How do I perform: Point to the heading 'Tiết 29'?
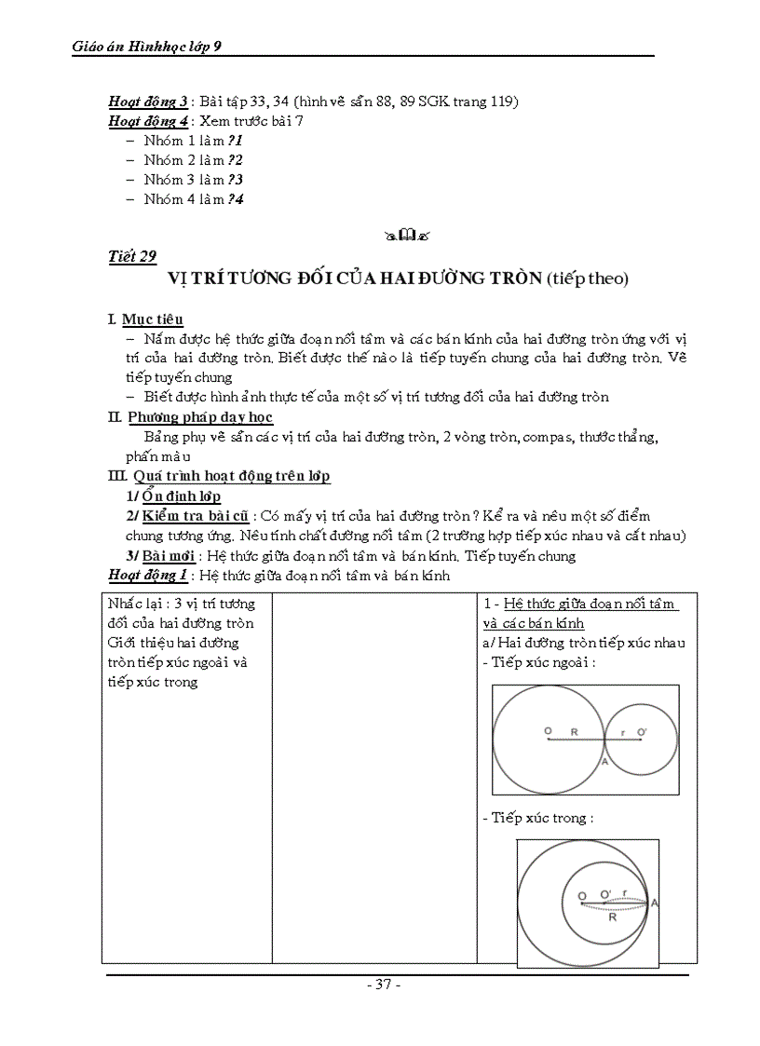point(132,257)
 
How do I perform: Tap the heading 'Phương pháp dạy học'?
point(200,417)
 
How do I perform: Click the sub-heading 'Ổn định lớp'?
point(182,496)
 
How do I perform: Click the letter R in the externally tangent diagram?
point(575,732)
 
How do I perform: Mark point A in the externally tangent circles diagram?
point(605,761)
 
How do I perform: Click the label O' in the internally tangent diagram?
point(605,894)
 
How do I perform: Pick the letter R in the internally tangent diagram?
point(612,917)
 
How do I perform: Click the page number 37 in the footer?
point(383,985)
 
